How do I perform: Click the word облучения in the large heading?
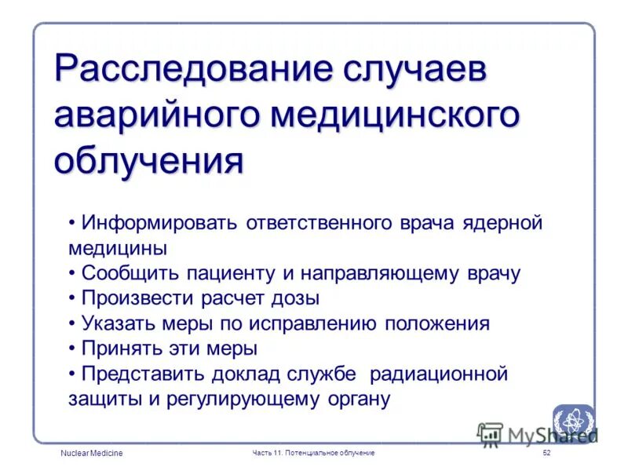click(x=149, y=162)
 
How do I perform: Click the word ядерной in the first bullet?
click(x=502, y=223)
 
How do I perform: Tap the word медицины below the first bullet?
click(x=117, y=248)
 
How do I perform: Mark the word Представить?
click(x=143, y=374)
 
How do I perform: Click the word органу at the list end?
click(x=352, y=399)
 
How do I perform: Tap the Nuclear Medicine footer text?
click(x=92, y=454)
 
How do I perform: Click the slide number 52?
click(x=547, y=454)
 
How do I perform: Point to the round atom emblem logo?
click(x=572, y=421)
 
